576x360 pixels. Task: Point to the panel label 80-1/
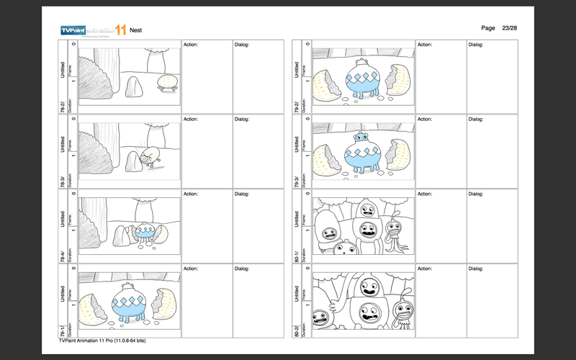click(297, 254)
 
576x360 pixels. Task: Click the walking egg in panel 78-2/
click(167, 82)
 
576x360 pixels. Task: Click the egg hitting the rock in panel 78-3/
click(150, 156)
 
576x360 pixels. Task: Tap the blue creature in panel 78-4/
click(146, 232)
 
